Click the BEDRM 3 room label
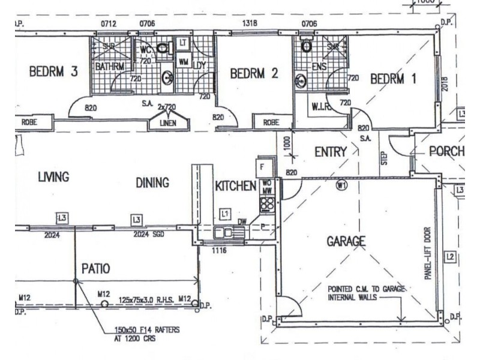coord(53,72)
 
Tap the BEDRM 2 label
coord(254,74)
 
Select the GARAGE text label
coord(346,241)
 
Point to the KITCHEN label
coord(235,187)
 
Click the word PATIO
coord(95,268)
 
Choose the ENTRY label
coord(331,152)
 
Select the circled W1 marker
coord(342,186)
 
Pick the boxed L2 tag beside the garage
coord(450,259)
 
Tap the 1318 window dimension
coord(250,23)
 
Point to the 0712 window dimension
coord(109,24)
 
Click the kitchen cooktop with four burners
coord(266,203)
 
